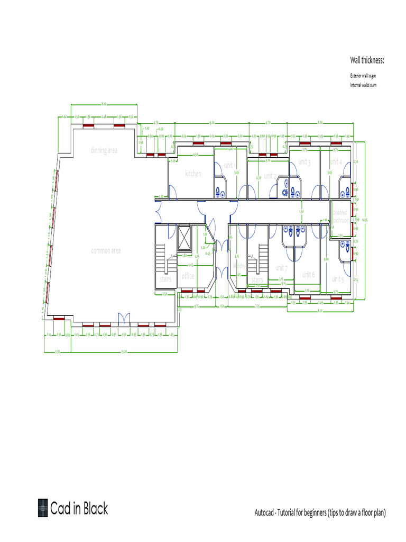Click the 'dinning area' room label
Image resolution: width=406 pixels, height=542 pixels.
pyautogui.click(x=104, y=150)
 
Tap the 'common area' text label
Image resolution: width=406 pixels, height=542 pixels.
pyautogui.click(x=106, y=250)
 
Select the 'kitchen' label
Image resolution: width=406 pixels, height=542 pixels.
pyautogui.click(x=193, y=174)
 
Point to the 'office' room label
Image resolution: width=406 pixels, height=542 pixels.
pyautogui.click(x=188, y=276)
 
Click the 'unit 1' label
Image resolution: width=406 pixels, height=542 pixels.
pyautogui.click(x=230, y=165)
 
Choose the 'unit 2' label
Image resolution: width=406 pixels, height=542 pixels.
pyautogui.click(x=270, y=176)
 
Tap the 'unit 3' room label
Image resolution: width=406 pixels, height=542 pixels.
pyautogui.click(x=304, y=161)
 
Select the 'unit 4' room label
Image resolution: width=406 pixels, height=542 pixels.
pyautogui.click(x=336, y=161)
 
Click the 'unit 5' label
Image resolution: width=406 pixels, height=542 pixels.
pyautogui.click(x=338, y=279)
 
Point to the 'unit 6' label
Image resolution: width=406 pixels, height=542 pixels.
pyautogui.click(x=308, y=275)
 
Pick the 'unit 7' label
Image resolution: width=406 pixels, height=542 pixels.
pyautogui.click(x=281, y=267)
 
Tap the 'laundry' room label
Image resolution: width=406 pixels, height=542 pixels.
pyautogui.click(x=239, y=266)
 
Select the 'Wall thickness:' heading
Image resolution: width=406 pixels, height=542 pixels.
pyautogui.click(x=367, y=60)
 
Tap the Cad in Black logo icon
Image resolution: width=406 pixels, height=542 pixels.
pyautogui.click(x=43, y=508)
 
